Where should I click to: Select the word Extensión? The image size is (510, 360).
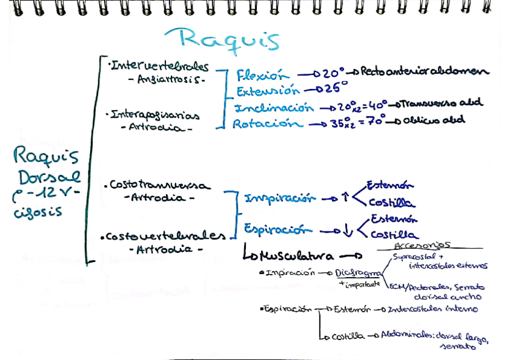[267, 91]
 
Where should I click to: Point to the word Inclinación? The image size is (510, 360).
[274, 108]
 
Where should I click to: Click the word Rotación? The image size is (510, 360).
[268, 124]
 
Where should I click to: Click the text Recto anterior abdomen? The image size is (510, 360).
[425, 72]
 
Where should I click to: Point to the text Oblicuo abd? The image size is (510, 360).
[433, 120]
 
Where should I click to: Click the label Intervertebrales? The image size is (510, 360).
[159, 66]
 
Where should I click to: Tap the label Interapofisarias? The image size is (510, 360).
[155, 114]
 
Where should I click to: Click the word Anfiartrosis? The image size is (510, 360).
[167, 79]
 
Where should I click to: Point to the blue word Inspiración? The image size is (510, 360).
[280, 198]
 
